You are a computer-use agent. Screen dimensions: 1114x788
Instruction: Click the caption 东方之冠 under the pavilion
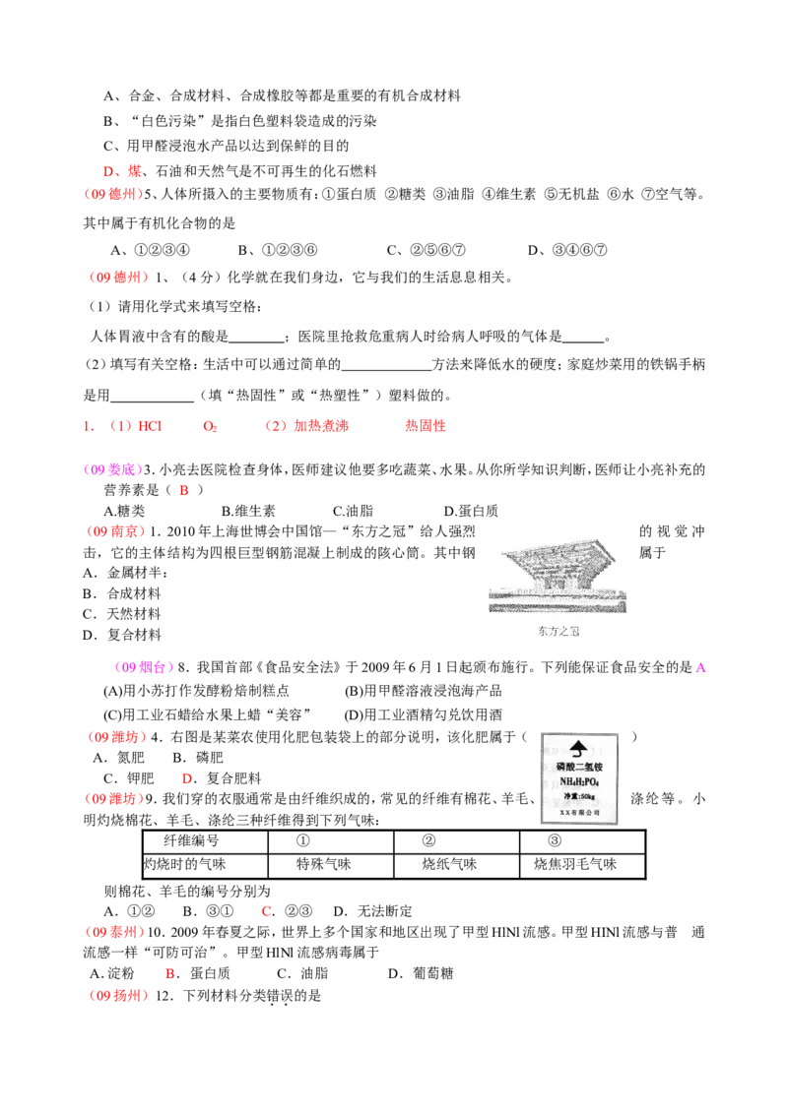click(558, 631)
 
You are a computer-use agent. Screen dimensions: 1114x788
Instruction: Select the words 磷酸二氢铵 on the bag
click(578, 768)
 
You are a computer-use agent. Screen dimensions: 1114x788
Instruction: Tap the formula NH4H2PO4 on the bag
click(578, 782)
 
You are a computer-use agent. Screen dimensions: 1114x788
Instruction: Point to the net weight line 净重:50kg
click(578, 796)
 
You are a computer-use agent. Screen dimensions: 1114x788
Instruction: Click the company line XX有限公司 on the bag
click(578, 813)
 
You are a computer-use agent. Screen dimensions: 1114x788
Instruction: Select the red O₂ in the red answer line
click(209, 426)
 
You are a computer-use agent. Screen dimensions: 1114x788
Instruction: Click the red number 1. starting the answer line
click(87, 426)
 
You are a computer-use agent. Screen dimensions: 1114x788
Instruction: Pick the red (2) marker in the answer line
click(275, 426)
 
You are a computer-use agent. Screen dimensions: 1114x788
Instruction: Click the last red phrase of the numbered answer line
click(426, 426)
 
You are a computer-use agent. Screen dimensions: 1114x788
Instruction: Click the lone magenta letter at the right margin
click(700, 668)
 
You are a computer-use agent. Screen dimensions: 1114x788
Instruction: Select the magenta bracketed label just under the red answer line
click(111, 470)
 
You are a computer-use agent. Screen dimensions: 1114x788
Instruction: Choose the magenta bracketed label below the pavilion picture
click(143, 667)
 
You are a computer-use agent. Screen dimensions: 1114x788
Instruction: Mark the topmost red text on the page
click(122, 171)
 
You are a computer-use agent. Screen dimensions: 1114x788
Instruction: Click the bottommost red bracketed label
click(118, 996)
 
